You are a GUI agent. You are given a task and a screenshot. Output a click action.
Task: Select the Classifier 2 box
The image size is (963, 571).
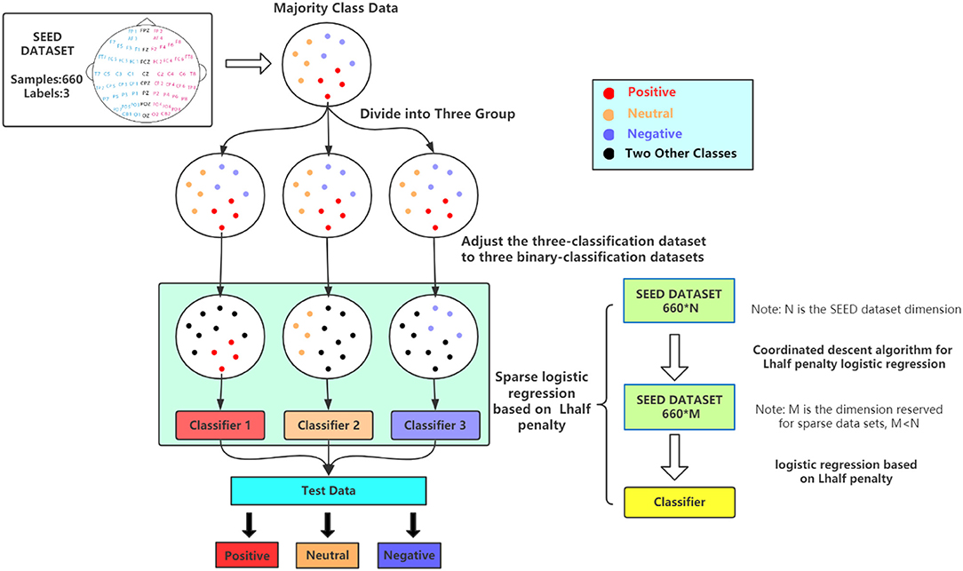coord(329,426)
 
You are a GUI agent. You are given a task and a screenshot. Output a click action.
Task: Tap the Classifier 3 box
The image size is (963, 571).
coord(435,426)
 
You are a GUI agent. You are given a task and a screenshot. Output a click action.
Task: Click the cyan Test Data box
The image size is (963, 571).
coord(330,491)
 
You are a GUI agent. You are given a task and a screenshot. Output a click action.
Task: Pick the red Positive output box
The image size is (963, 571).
coord(249,555)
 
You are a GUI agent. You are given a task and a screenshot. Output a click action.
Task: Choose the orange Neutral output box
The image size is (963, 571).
coord(329,555)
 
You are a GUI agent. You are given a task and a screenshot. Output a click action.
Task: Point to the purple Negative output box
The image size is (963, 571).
coord(410,555)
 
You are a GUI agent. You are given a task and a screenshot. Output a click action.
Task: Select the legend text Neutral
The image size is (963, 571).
coord(649,114)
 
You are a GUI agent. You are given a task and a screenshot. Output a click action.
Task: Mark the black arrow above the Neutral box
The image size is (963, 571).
coord(330,524)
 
